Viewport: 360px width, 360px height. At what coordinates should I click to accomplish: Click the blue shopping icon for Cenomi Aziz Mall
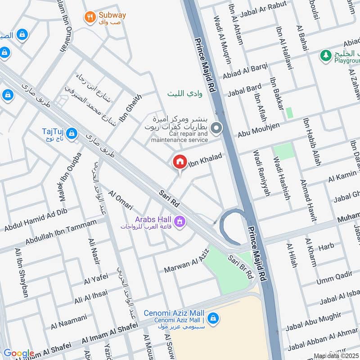(x=213, y=318)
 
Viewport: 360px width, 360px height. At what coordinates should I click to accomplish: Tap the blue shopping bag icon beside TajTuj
(x=71, y=133)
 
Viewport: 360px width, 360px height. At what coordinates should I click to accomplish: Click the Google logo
(x=18, y=353)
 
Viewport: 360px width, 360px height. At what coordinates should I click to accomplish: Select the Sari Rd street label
(x=169, y=198)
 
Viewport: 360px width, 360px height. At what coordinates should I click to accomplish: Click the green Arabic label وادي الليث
(x=185, y=94)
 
